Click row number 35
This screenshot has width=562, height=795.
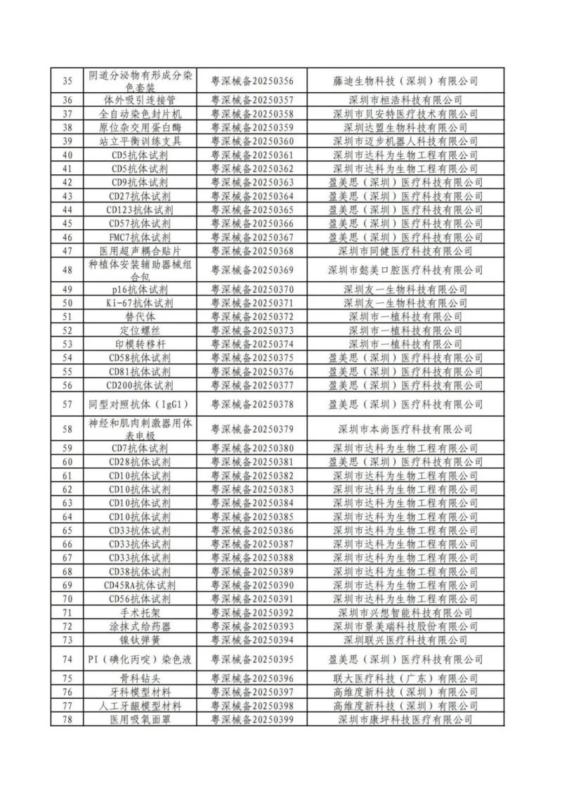[x=67, y=81]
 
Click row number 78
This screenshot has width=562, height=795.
[x=67, y=720]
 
